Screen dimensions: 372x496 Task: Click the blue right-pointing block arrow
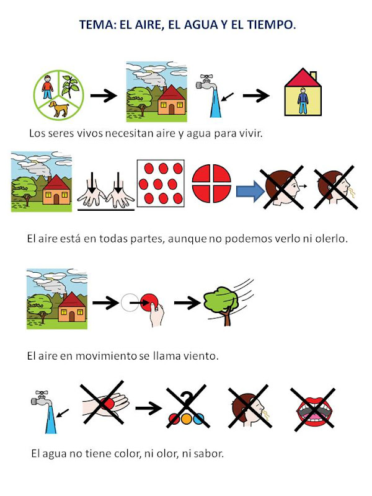pyautogui.click(x=251, y=186)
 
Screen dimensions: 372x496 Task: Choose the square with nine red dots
pyautogui.click(x=162, y=184)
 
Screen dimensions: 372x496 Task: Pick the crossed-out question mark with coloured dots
pyautogui.click(x=185, y=410)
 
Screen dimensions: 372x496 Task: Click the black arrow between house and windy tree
pyautogui.click(x=186, y=303)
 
